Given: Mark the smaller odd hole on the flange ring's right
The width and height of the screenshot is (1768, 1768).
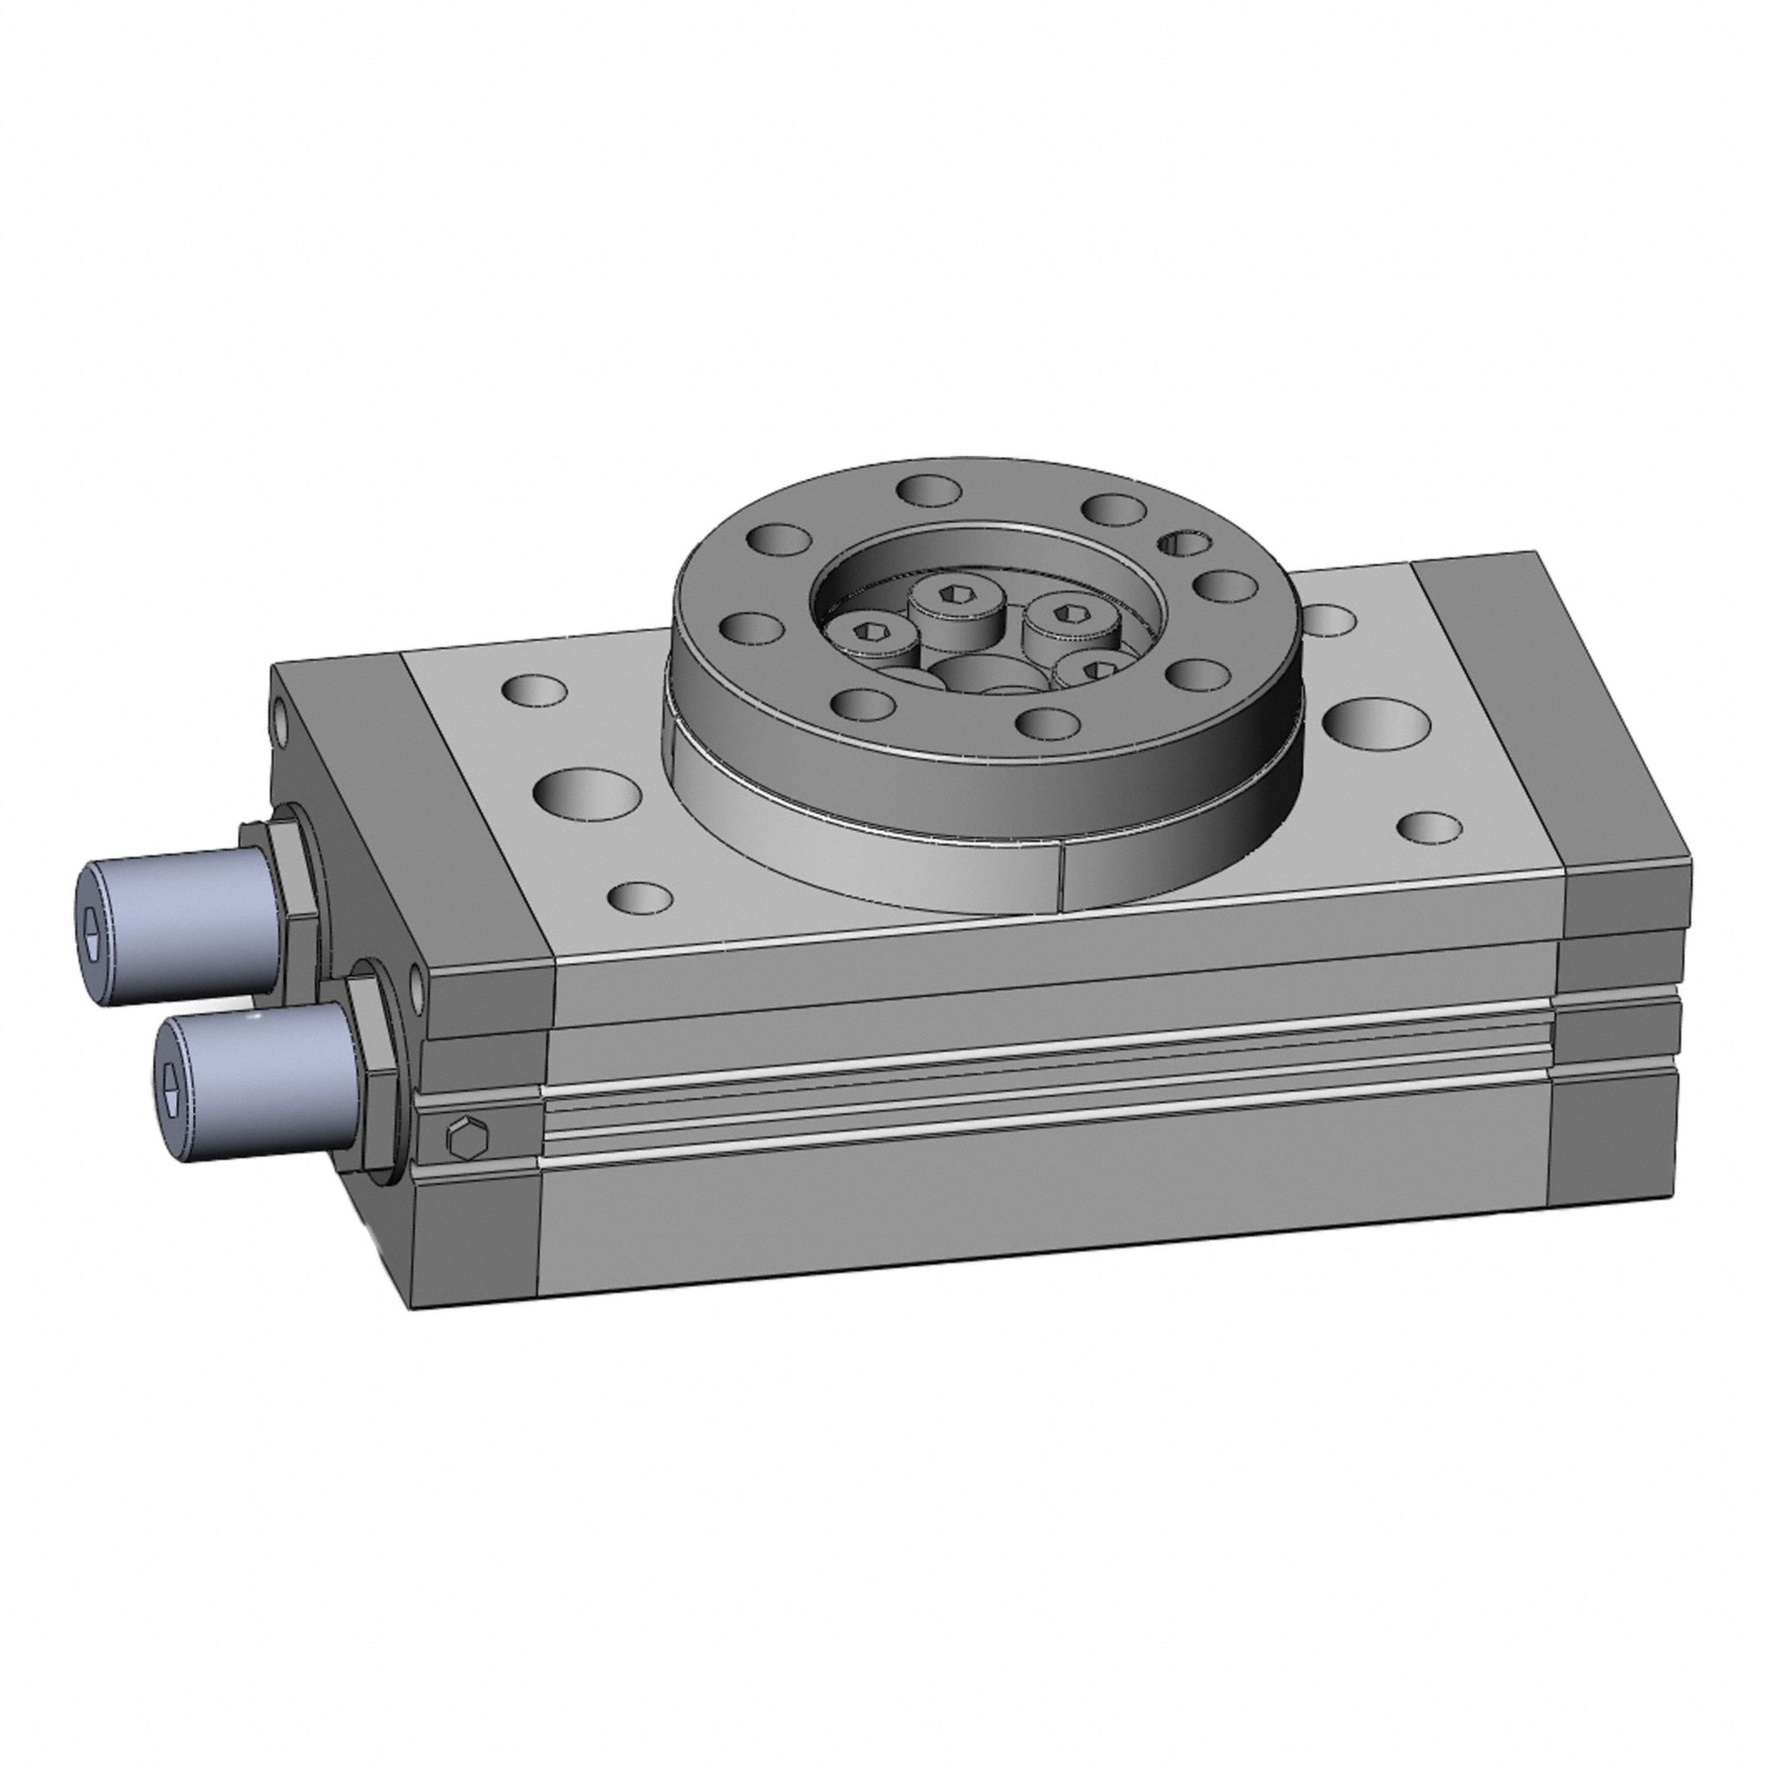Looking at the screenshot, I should [x=1180, y=545].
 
